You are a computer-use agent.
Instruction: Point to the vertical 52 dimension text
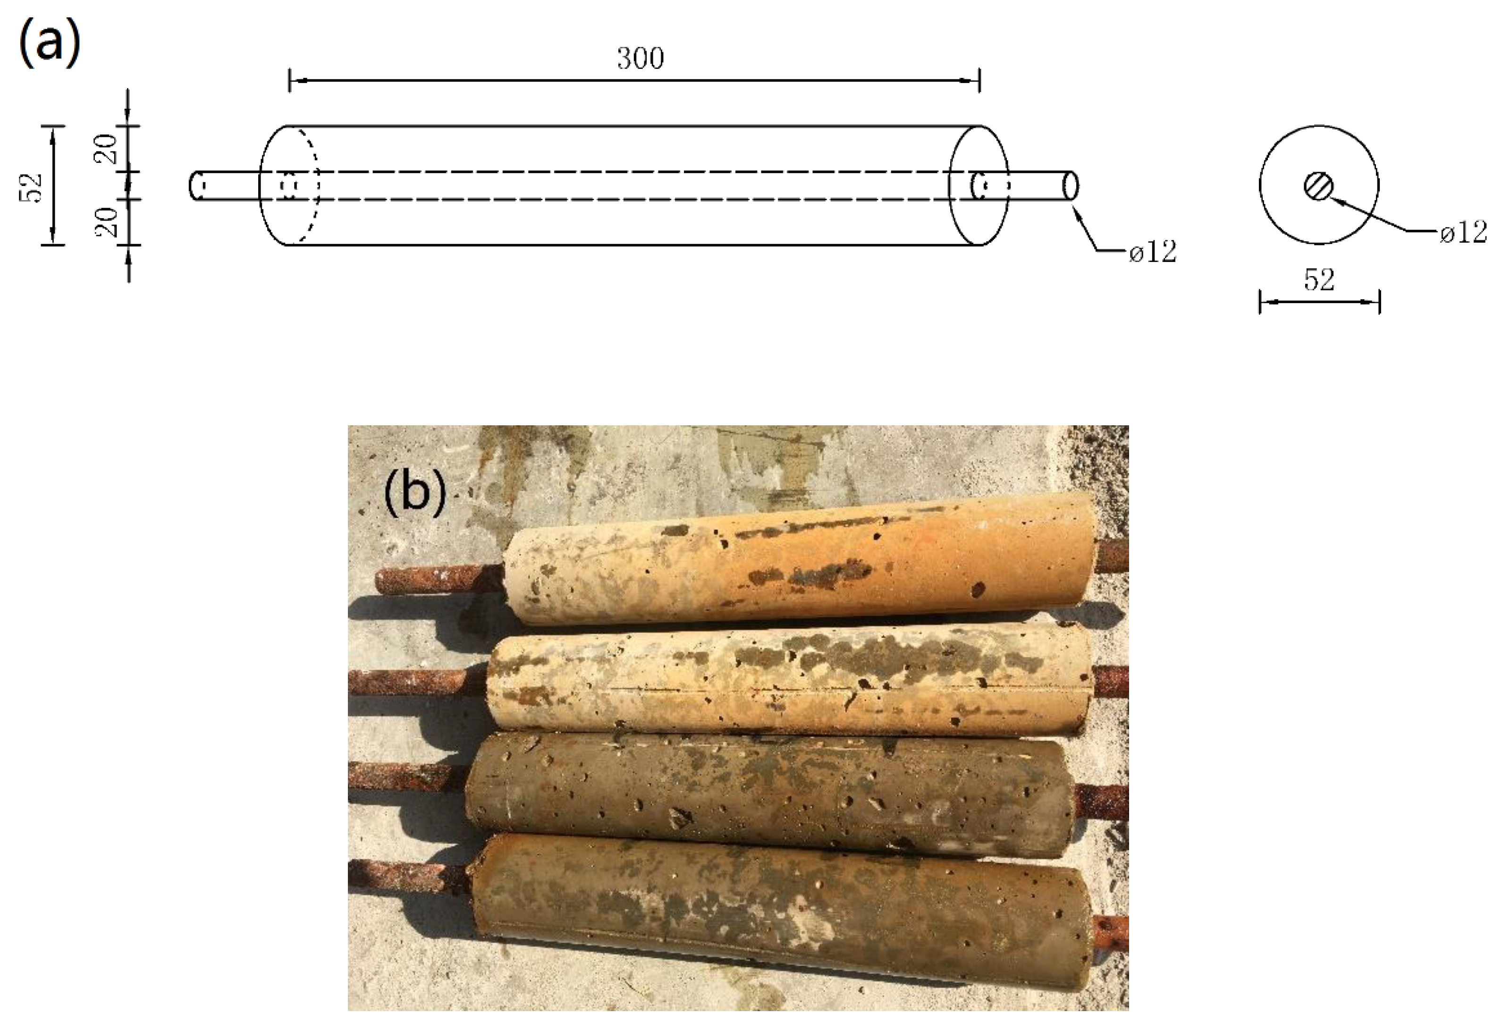click(32, 188)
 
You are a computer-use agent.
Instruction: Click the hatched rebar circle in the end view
click(1318, 186)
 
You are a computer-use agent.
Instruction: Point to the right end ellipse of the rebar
click(1071, 186)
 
